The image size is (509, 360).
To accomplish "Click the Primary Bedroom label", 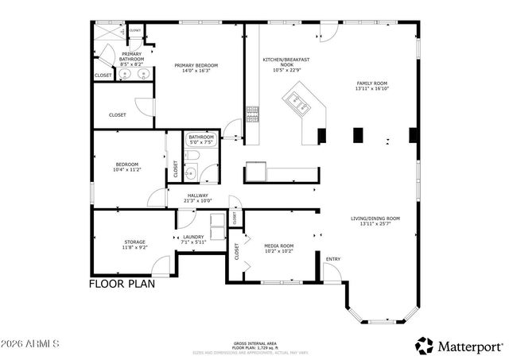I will (x=196, y=65).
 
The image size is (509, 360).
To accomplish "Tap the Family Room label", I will (x=371, y=83).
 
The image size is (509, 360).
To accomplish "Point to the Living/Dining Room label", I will (x=375, y=219).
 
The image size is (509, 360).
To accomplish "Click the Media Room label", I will (x=279, y=246).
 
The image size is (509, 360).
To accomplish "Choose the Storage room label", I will (x=134, y=242).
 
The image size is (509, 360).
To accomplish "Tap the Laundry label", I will (x=194, y=236).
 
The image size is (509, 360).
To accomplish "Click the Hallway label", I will (x=197, y=195).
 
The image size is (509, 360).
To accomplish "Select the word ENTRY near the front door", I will (x=332, y=258).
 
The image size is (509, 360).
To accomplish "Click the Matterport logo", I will (x=460, y=345).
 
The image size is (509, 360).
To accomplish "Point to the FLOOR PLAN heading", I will (x=122, y=283).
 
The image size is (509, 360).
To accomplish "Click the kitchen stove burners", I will (x=253, y=116).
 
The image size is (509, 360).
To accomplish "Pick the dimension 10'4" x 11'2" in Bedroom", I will (x=127, y=170).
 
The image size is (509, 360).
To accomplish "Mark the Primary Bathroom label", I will (x=132, y=56).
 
